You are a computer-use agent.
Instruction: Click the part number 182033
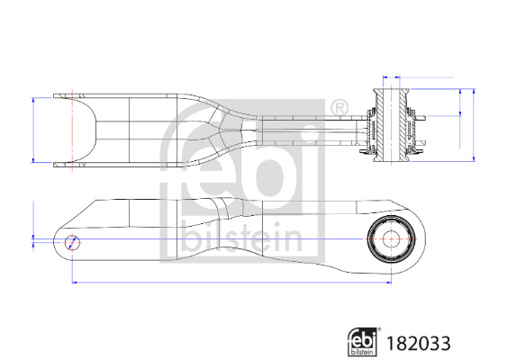(417, 342)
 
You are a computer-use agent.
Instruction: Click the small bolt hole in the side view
(73, 240)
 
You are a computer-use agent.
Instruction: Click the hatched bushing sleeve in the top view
(393, 125)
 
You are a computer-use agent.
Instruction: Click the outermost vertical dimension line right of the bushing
(473, 125)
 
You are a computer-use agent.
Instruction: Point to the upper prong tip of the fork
(61, 94)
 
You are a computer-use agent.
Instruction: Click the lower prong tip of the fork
(61, 165)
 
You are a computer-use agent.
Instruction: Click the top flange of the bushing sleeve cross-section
(393, 88)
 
